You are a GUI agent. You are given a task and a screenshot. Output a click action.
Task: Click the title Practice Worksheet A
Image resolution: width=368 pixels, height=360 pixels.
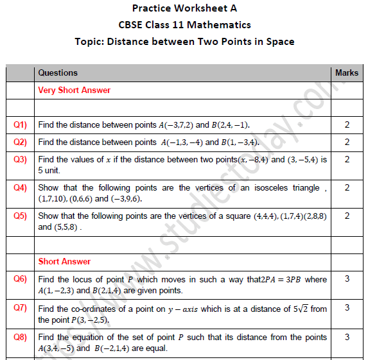point(184,8)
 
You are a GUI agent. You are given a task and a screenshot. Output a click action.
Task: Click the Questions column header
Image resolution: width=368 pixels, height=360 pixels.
point(58,73)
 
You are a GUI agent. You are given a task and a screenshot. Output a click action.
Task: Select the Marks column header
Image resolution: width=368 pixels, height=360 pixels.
point(347,73)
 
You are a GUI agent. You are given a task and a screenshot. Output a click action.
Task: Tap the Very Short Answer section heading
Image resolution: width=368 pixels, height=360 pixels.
point(74,90)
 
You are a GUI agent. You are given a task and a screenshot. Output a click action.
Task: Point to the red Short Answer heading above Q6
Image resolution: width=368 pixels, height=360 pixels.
point(64,262)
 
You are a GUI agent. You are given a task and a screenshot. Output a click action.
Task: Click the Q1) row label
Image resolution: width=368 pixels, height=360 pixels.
point(21,124)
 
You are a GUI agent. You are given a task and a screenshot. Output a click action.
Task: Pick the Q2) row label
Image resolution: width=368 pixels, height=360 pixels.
point(21,142)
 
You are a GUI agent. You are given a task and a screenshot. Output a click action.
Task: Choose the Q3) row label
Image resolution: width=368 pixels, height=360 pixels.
point(21,159)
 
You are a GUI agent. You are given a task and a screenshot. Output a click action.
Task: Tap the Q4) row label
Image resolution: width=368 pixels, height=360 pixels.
point(21,188)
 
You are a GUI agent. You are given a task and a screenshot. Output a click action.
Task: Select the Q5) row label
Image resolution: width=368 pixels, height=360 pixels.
point(21,216)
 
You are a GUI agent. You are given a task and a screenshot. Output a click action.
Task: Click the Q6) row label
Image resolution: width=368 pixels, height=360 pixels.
point(21,279)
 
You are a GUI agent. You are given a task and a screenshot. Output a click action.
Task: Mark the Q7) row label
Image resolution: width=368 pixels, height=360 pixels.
point(21,308)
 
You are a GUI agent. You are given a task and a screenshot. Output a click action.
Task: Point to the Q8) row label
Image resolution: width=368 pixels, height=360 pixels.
point(21,337)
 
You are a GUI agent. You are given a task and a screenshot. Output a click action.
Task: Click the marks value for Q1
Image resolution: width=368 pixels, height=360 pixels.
point(347,124)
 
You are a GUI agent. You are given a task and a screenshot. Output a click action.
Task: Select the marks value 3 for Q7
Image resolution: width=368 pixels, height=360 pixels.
point(347,308)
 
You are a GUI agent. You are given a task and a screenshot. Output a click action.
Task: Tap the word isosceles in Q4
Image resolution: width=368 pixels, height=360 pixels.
point(260,188)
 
